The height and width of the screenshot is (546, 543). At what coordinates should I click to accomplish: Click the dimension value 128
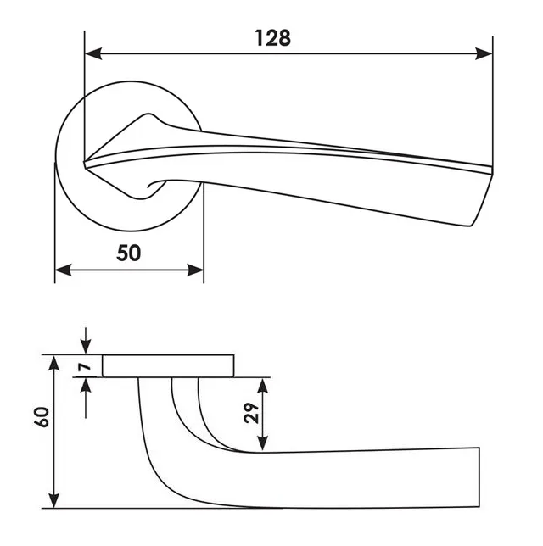click(x=272, y=38)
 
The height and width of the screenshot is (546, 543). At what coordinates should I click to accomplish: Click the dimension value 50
click(x=129, y=253)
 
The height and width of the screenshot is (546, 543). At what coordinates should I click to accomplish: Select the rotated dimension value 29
click(x=252, y=413)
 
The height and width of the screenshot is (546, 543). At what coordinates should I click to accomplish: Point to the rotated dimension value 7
click(x=85, y=366)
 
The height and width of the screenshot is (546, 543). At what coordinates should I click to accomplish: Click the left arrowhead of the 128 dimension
click(x=93, y=53)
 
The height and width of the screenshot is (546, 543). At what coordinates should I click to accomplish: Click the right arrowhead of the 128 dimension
click(x=484, y=53)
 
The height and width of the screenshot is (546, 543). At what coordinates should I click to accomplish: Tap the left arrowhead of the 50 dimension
click(x=64, y=270)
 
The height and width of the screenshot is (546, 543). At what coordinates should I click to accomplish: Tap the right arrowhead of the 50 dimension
click(x=195, y=270)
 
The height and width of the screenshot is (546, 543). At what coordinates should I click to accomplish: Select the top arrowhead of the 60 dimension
click(x=53, y=364)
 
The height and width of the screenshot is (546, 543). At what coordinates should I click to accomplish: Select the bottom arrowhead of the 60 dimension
click(x=53, y=499)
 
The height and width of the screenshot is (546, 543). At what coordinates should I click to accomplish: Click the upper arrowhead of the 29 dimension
click(x=263, y=386)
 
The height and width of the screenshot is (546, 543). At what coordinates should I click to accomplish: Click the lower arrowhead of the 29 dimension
click(x=263, y=443)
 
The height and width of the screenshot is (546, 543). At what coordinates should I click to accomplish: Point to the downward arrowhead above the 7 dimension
click(x=86, y=346)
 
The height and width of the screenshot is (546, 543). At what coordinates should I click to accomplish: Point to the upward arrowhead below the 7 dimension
click(x=86, y=387)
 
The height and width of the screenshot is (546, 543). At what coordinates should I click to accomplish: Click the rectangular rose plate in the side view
click(x=168, y=366)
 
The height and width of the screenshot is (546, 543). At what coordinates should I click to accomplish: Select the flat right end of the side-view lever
click(x=479, y=477)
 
